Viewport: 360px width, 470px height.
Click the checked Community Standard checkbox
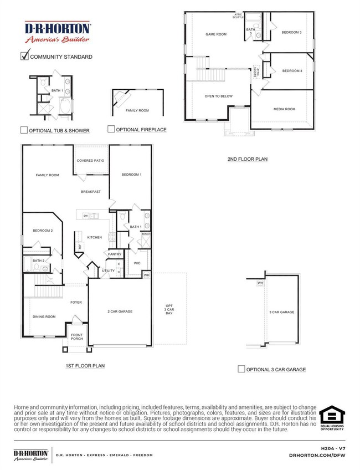point(24,55)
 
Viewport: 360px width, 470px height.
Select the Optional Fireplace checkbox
point(111,129)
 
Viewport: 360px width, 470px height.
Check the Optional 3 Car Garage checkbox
point(241,369)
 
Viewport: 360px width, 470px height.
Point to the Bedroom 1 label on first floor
point(132,175)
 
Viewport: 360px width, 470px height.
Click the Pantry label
point(115,254)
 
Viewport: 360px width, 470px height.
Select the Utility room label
point(109,270)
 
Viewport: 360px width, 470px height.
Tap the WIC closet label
point(137,263)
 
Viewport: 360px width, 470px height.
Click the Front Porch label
point(75,336)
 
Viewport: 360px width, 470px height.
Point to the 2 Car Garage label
point(120,311)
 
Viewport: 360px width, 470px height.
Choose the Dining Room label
point(44,316)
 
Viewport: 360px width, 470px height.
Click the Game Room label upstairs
point(216,34)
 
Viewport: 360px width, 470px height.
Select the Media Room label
point(282,109)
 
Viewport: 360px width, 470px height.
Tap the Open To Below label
point(219,96)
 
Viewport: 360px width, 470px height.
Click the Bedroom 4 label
point(292,70)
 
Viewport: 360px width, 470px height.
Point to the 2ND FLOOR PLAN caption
point(247,159)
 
